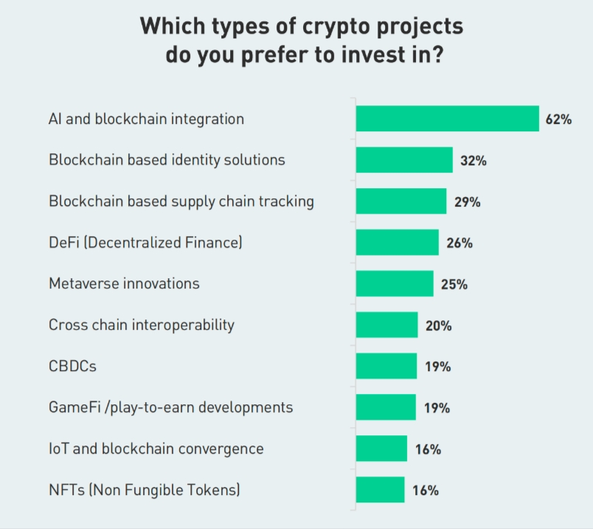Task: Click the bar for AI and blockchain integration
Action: click(x=447, y=119)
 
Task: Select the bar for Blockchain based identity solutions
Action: click(x=404, y=160)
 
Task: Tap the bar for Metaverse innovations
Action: click(x=395, y=284)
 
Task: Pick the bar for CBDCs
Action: click(x=386, y=366)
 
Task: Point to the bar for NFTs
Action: click(x=380, y=490)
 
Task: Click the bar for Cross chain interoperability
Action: click(x=386, y=325)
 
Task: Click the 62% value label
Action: click(x=558, y=119)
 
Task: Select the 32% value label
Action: click(x=473, y=160)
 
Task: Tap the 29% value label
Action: click(x=467, y=201)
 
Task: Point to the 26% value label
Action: click(x=459, y=243)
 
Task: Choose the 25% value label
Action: click(x=454, y=284)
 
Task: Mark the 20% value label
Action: click(x=438, y=325)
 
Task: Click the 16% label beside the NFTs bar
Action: click(x=426, y=490)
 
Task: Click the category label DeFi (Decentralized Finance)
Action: click(x=145, y=242)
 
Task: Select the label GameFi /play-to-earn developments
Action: click(x=170, y=407)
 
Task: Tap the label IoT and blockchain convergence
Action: click(x=156, y=449)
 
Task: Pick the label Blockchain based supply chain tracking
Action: click(x=181, y=201)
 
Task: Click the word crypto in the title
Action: click(x=313, y=27)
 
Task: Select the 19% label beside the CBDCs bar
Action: click(x=437, y=366)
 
